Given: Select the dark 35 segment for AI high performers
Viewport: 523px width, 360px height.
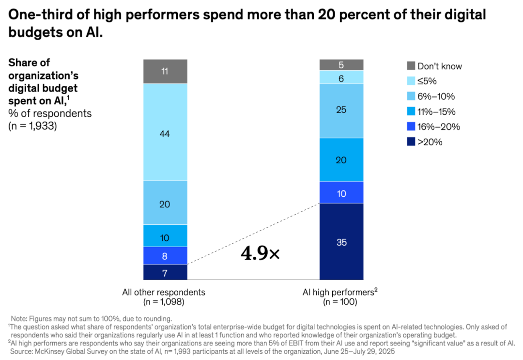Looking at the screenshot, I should click(x=341, y=241).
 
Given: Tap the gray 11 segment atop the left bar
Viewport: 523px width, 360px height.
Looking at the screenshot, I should click(x=165, y=71).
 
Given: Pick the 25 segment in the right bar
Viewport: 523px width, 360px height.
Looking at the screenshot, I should click(x=341, y=110).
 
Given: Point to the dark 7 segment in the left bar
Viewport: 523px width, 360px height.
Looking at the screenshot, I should click(x=165, y=272).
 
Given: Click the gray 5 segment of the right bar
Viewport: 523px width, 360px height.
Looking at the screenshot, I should click(x=341, y=64).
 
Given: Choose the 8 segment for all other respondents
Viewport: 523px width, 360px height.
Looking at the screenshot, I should click(x=165, y=255).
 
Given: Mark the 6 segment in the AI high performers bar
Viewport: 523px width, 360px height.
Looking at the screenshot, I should click(x=341, y=77).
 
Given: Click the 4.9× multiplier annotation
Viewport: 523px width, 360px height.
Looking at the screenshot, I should click(x=260, y=253).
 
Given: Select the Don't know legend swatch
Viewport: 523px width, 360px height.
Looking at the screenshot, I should click(x=411, y=66).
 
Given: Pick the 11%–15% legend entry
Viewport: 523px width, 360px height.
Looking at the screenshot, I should click(x=436, y=111).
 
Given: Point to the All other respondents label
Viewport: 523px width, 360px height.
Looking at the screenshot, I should click(x=164, y=292).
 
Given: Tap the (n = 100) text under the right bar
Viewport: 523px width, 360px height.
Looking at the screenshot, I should click(x=340, y=302).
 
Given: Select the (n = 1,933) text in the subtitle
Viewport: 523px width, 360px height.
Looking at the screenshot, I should click(x=33, y=126).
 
